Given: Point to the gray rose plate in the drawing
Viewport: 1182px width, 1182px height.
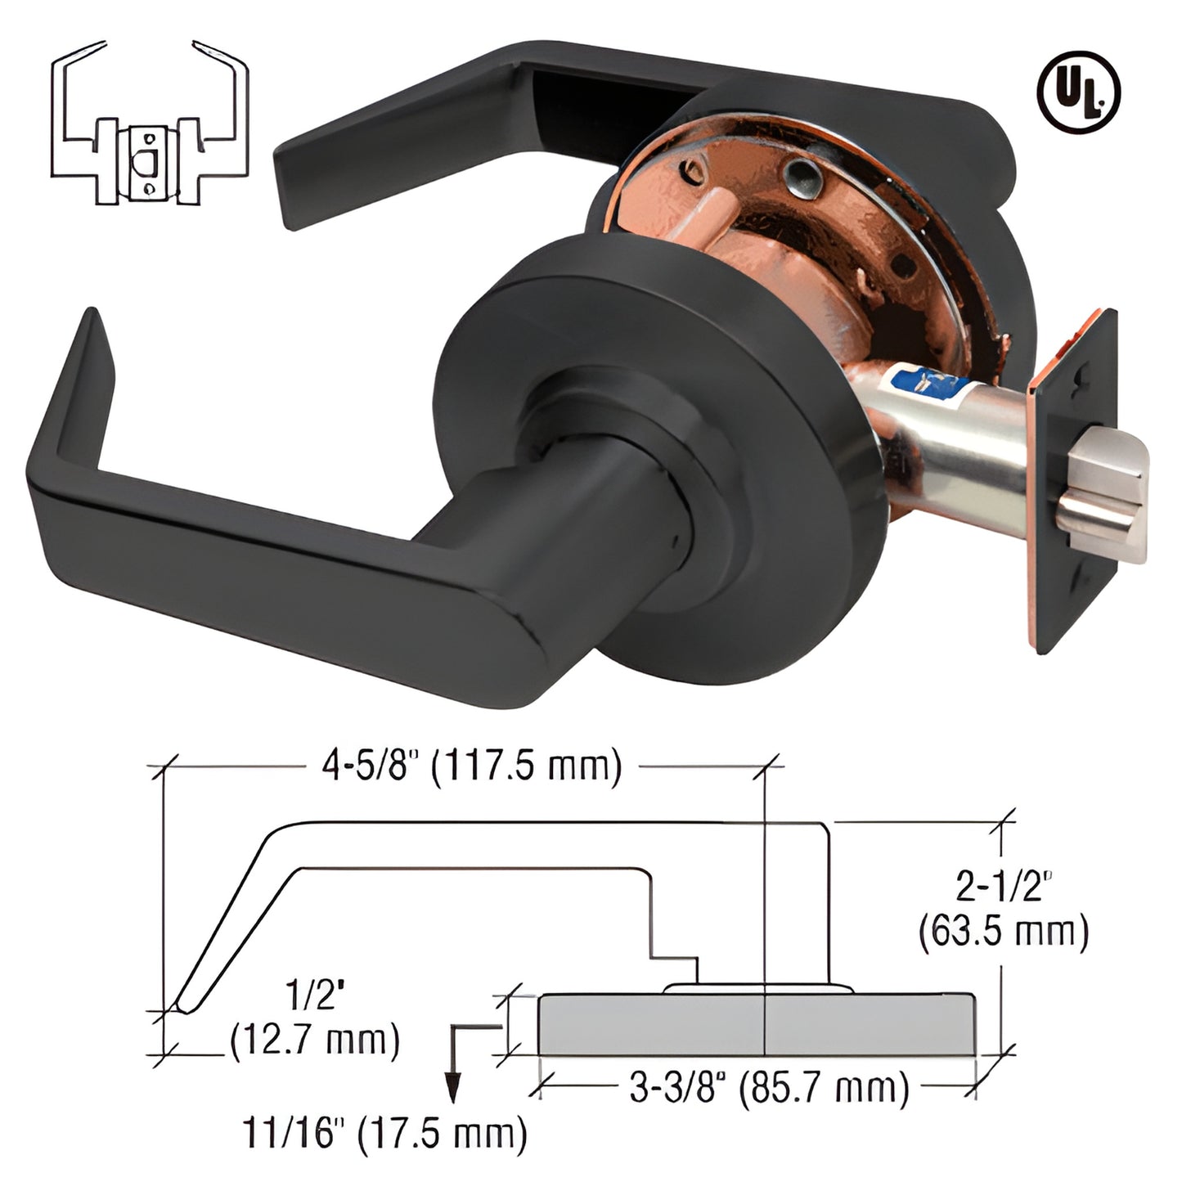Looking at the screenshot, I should (757, 1024).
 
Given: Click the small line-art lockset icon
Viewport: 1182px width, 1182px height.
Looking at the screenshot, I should (149, 123).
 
